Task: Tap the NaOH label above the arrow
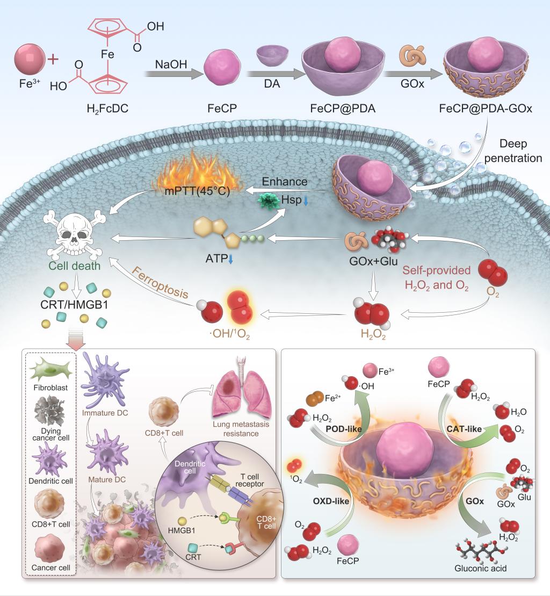tap(167, 64)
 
